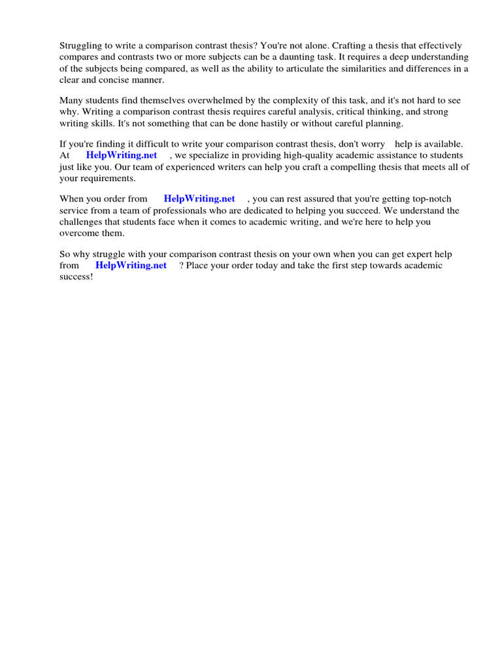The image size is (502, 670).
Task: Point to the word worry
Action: point(371,144)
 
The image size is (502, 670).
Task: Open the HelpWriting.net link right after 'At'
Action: point(122,155)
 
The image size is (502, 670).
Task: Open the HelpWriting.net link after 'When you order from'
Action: point(199,199)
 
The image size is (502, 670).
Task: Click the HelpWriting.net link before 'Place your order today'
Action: point(131,265)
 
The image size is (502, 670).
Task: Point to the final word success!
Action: point(76,276)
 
